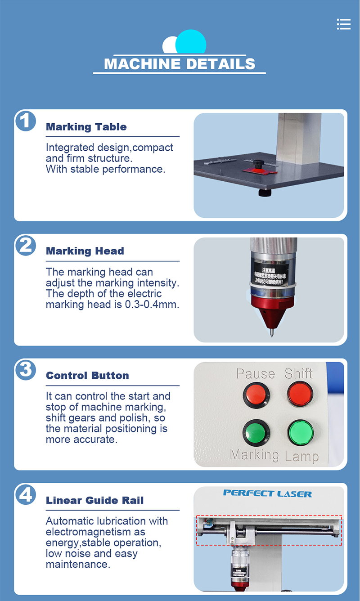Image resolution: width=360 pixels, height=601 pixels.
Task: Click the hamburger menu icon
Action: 343,24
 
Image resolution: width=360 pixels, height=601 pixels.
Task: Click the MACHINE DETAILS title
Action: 180,64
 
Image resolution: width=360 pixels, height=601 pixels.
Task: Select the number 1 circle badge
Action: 26,121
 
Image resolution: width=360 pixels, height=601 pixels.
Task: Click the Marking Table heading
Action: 86,127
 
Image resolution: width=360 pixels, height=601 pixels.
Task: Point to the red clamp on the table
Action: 255,170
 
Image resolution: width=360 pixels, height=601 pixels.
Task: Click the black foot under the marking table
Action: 265,193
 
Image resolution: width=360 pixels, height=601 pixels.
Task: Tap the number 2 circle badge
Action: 26,246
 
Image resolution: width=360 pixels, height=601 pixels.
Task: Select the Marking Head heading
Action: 85,251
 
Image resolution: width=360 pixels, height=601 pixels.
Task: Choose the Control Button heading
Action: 87,376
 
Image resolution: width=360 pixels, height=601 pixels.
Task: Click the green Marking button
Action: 256,433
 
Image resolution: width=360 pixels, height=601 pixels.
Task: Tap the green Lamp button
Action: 300,433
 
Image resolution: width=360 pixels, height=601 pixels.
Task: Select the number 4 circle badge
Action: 26,494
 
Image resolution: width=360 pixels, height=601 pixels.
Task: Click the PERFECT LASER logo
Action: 267,493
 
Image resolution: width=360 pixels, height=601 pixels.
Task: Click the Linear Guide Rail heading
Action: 94,500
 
